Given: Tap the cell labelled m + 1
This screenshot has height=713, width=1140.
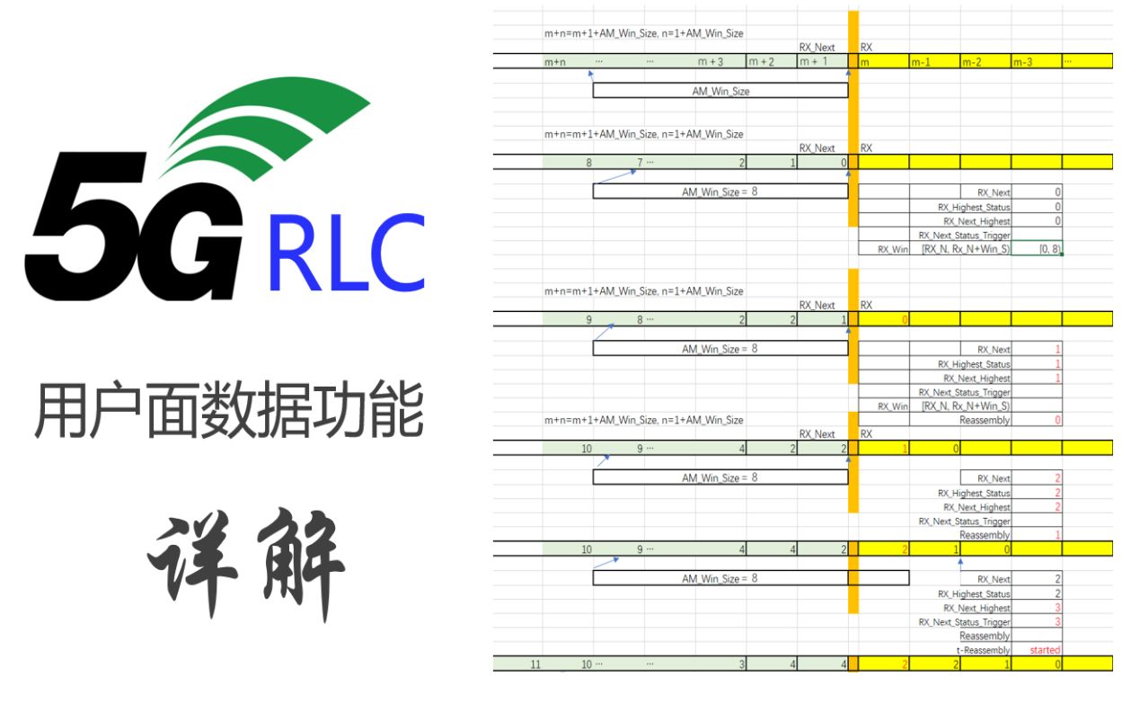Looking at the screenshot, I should click(822, 62).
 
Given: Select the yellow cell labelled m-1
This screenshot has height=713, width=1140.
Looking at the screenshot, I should click(933, 62).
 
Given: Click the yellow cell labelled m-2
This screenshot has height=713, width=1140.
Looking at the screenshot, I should click(985, 62).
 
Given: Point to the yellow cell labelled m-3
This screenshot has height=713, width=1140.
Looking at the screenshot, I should click(1036, 62).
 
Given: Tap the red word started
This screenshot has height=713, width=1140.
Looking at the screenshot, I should click(1045, 650).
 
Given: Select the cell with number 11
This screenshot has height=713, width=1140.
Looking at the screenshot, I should click(535, 664).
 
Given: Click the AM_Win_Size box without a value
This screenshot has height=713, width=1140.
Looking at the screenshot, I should click(720, 91).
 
